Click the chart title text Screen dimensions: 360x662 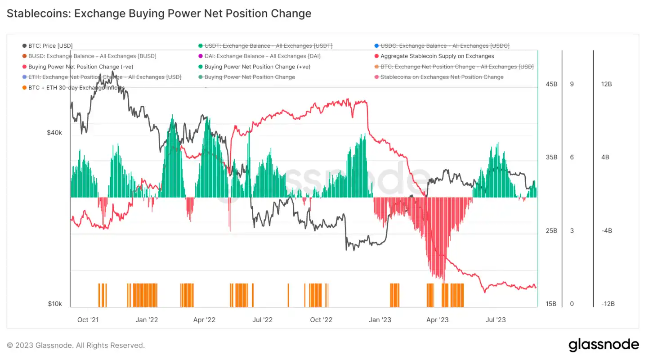tap(159, 13)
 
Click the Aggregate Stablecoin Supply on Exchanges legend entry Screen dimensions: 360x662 tap(437, 56)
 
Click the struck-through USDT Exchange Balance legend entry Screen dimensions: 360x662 tap(268, 46)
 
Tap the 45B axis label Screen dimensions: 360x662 tap(552, 84)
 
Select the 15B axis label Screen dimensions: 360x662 tap(552, 304)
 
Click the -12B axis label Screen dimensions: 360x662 tap(607, 304)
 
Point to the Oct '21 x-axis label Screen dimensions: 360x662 tap(88, 320)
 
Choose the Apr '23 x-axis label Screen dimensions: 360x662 tap(438, 320)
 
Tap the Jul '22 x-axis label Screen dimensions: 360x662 tap(262, 320)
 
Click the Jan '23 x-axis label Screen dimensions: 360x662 tap(380, 320)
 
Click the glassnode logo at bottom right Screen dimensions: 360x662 tap(604, 345)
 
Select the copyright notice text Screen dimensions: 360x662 tap(76, 346)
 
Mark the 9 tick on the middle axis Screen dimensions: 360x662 tap(572, 84)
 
